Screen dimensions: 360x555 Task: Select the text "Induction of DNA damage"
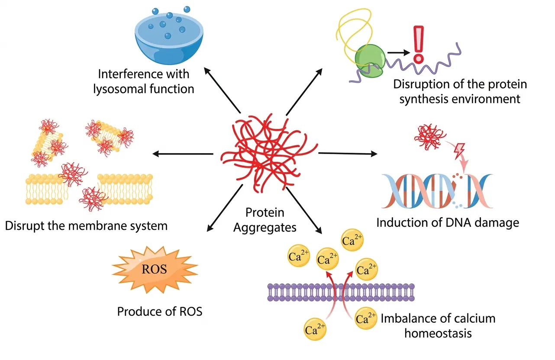coord(447,223)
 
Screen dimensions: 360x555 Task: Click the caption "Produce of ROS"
coord(159,312)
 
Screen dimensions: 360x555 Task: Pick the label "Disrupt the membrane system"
coord(86,225)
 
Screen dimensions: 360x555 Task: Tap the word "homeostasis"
coord(438,334)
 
